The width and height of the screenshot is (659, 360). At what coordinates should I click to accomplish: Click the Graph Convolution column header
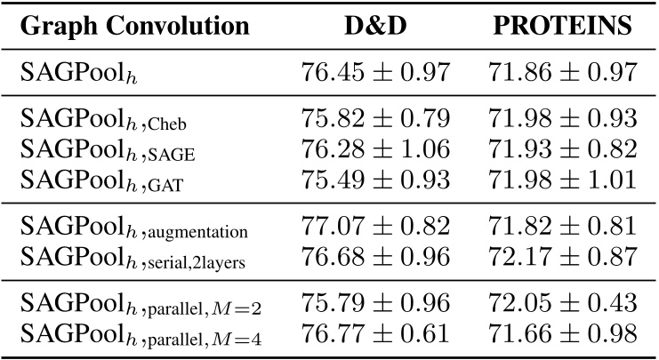pos(134,26)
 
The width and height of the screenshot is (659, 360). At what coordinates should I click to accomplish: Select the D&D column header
pos(375,26)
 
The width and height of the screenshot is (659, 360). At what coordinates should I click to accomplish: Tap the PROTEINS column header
pos(562,26)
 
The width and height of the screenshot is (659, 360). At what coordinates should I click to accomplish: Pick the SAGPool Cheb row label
pos(105,119)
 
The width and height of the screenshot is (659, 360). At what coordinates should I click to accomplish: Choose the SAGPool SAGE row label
pos(108,150)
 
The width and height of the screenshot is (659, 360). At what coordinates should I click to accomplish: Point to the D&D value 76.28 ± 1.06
pos(375,148)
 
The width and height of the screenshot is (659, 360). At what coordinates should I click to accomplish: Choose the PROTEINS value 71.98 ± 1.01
pos(562,180)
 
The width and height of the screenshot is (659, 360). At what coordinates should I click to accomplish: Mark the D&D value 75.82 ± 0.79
pos(375,118)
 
